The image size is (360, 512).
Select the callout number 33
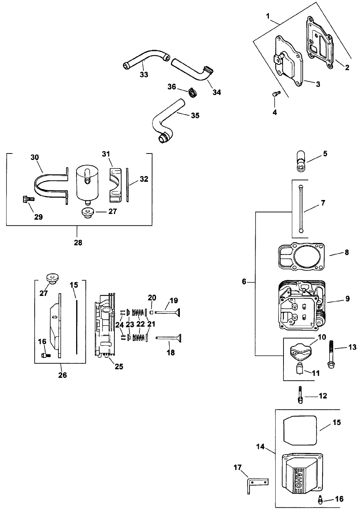pyautogui.click(x=144, y=75)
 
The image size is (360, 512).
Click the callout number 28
pyautogui.click(x=78, y=243)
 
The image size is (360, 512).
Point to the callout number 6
pyautogui.click(x=244, y=282)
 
